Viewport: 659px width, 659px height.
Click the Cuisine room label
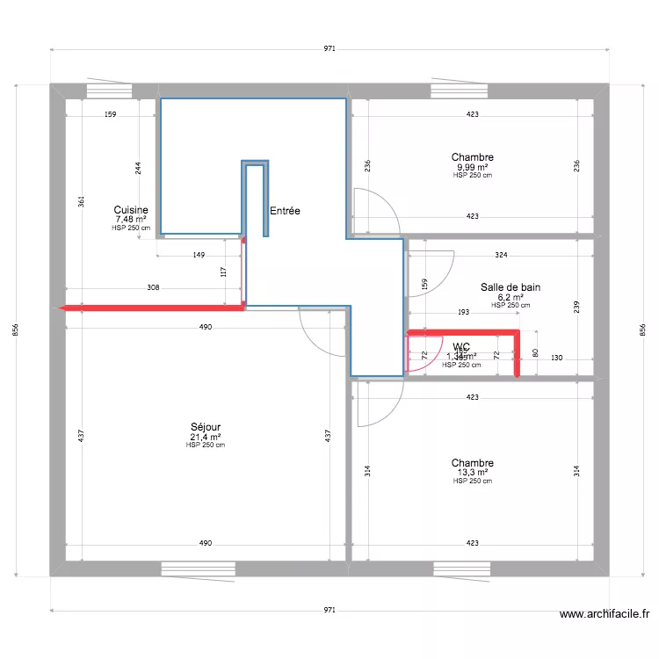[x=131, y=210]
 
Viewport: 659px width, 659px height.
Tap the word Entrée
[x=285, y=211]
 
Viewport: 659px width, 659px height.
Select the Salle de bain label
[x=510, y=287]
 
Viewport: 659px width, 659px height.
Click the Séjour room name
[x=205, y=427]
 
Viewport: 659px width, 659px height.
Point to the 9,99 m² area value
[x=472, y=167]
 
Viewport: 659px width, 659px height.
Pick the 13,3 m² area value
[x=472, y=473]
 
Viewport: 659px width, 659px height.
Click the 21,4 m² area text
[x=205, y=437]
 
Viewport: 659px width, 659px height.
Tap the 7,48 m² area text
[x=131, y=220]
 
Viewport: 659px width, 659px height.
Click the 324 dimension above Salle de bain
[x=501, y=256]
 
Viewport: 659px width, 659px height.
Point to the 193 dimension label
[x=463, y=312]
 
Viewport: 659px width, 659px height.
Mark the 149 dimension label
[x=199, y=256]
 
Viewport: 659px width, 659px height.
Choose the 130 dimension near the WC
[x=557, y=358]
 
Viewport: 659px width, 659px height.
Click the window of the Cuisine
[x=109, y=91]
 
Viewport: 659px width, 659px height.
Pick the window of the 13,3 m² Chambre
[x=460, y=568]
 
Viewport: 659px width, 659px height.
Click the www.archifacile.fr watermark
[x=604, y=615]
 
